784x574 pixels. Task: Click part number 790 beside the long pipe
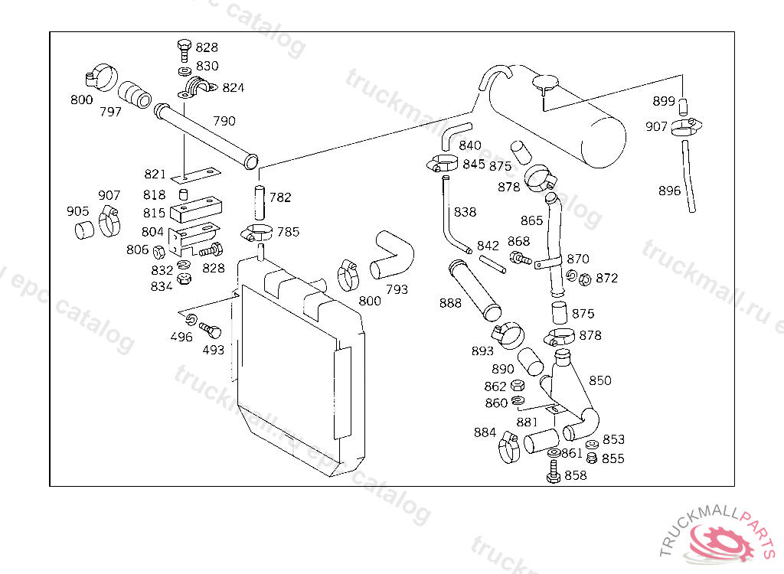[224, 121]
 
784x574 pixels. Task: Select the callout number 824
[234, 88]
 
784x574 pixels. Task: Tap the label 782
[280, 197]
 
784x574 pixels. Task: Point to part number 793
[397, 289]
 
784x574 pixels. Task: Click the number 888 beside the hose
[450, 303]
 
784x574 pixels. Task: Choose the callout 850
[600, 380]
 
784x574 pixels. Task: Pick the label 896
[669, 191]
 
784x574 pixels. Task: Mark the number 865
[531, 221]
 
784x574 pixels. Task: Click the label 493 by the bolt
[214, 350]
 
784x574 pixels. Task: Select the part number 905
[77, 211]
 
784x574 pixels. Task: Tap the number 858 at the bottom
[575, 475]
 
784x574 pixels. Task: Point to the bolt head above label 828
[184, 47]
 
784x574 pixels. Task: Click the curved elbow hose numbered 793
[392, 256]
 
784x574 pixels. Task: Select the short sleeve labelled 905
[84, 229]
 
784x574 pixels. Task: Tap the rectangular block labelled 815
[194, 207]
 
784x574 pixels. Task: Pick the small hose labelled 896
[690, 174]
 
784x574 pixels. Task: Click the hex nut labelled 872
[584, 279]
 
